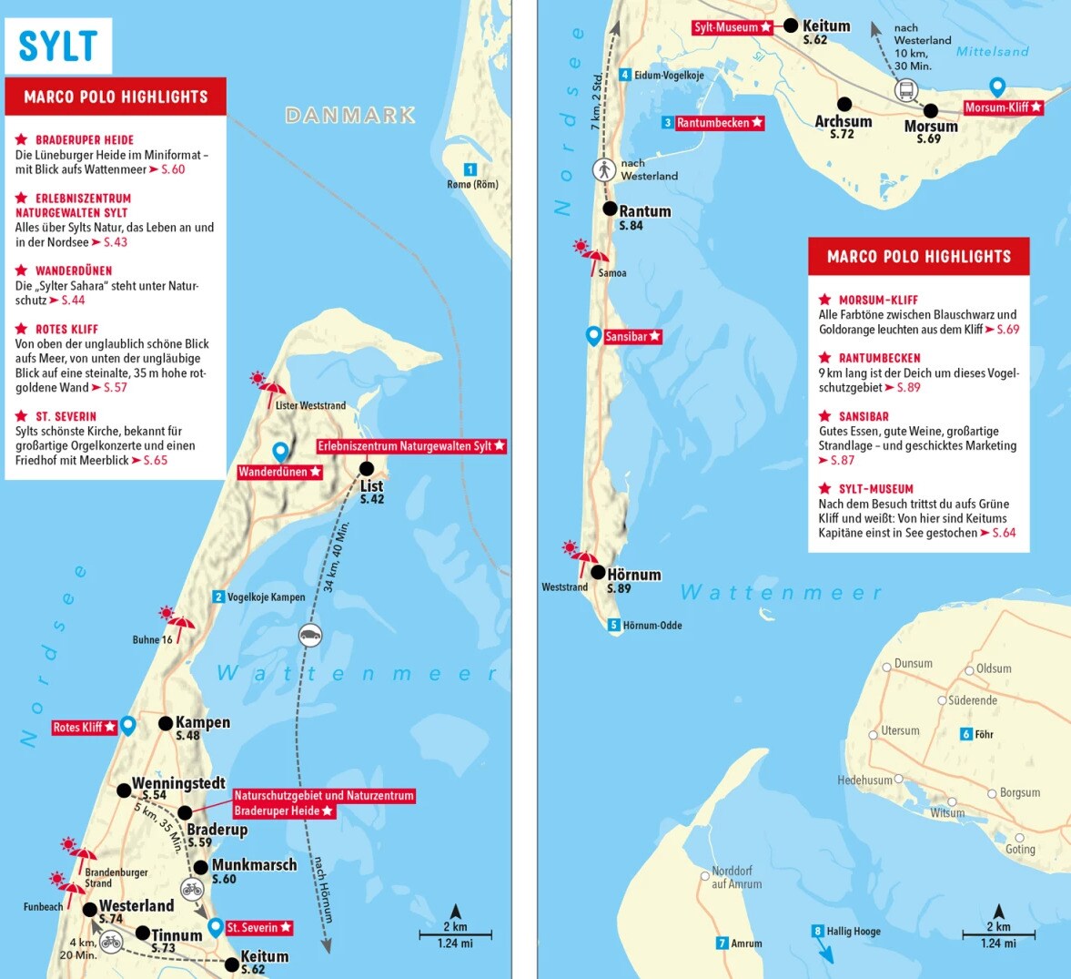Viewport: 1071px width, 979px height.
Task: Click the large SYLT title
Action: click(57, 46)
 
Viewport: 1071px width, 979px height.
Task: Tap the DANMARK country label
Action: click(350, 116)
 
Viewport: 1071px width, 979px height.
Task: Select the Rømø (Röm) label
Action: click(473, 185)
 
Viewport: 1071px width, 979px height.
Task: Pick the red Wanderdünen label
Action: click(279, 472)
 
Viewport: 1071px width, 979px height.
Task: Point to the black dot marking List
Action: click(367, 469)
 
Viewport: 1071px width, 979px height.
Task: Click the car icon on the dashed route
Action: click(310, 635)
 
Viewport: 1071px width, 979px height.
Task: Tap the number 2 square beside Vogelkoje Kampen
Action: click(218, 597)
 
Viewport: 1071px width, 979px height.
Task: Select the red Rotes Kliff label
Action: click(85, 727)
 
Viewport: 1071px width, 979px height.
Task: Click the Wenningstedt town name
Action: click(178, 783)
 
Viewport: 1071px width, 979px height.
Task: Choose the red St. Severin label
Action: click(258, 927)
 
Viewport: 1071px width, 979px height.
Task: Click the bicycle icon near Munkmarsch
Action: click(192, 888)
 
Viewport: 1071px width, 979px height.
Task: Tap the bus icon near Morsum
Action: click(906, 90)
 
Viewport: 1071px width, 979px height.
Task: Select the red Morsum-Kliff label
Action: click(1003, 107)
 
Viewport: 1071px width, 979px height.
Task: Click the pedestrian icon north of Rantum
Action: click(603, 169)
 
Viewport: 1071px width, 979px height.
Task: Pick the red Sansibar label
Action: click(632, 337)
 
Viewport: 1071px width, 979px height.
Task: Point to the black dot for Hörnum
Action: click(598, 573)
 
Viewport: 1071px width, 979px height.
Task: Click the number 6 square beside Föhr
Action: click(966, 734)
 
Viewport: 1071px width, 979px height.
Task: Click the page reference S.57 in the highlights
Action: click(116, 387)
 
